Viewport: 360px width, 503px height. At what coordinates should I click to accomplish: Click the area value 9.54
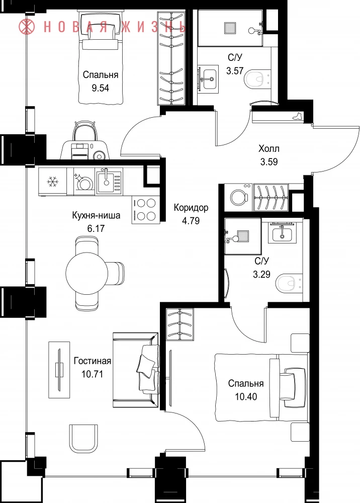[101, 88]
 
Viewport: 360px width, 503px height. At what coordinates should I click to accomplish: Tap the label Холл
[269, 149]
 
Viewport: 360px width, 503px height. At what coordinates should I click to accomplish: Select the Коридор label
[191, 208]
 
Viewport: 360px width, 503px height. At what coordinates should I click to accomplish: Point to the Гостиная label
[93, 361]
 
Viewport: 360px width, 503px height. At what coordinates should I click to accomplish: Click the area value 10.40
[246, 397]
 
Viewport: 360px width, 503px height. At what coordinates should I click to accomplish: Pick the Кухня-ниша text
[96, 215]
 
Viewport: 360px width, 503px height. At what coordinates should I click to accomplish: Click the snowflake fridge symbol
[53, 182]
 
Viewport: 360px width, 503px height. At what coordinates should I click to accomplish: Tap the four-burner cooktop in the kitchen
[145, 210]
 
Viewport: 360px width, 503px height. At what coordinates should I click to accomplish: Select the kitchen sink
[109, 182]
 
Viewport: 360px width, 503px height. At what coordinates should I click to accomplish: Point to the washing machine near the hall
[238, 197]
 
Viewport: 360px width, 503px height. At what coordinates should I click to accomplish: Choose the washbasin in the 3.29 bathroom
[282, 232]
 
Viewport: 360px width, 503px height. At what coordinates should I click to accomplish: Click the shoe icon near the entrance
[297, 116]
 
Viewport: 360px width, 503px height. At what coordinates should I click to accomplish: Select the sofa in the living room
[136, 370]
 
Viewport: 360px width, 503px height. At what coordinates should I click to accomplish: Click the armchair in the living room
[83, 438]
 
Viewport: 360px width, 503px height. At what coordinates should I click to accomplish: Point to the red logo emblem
[27, 26]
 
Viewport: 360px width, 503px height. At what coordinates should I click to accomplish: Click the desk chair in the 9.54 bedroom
[84, 131]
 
